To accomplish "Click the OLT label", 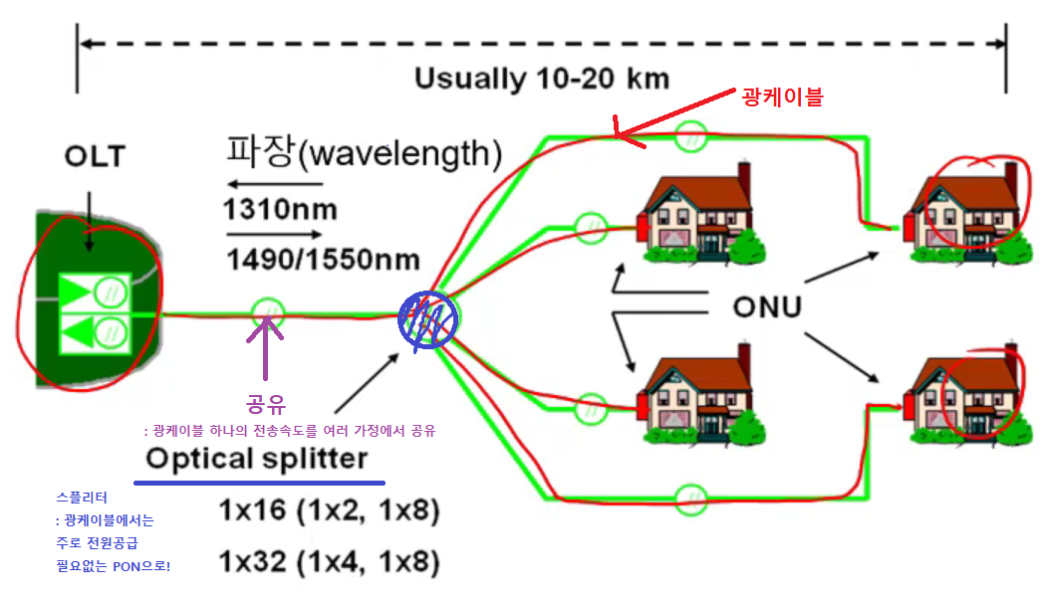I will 97,156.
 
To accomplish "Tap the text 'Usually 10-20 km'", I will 542,79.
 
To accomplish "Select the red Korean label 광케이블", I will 784,97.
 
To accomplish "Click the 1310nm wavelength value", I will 280,210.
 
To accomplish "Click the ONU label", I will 766,306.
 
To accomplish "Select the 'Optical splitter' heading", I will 257,459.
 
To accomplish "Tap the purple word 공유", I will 266,405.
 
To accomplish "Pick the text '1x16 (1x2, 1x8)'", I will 329,511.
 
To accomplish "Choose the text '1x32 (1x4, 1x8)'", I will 329,562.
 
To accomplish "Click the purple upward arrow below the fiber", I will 266,348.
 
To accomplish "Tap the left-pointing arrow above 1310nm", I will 274,184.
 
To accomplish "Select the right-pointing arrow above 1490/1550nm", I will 274,235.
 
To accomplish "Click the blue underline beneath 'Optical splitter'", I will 259,482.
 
